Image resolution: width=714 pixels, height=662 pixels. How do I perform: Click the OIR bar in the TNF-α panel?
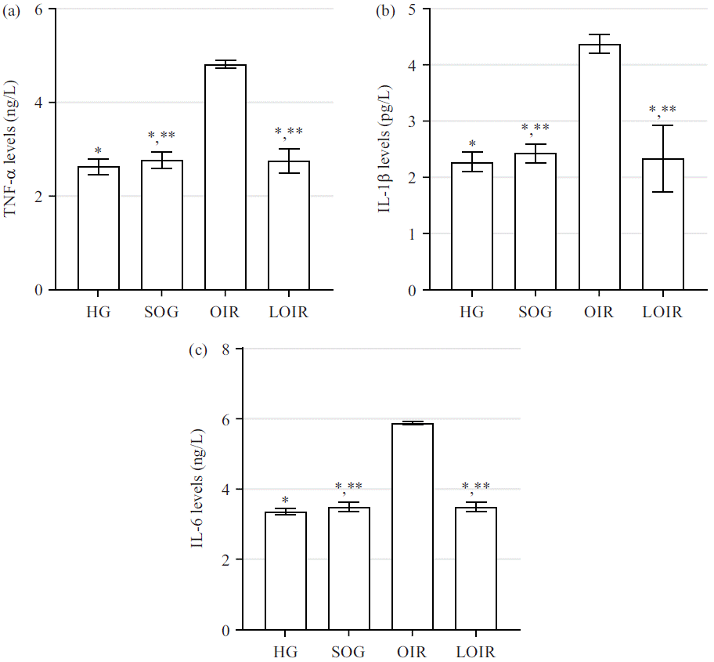(225, 177)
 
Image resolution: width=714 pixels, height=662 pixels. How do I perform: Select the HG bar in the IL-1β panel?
(472, 226)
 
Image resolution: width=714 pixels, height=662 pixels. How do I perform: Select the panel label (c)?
(198, 349)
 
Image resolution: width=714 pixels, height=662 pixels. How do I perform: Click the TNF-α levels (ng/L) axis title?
(11, 149)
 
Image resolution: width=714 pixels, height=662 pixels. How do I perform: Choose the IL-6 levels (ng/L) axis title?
(198, 489)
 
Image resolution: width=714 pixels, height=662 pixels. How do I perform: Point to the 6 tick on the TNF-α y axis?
(38, 9)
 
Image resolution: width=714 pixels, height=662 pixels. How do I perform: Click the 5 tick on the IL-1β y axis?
(412, 9)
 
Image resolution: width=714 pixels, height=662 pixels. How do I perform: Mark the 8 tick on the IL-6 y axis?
(225, 349)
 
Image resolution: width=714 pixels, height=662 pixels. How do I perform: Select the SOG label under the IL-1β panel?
(535, 313)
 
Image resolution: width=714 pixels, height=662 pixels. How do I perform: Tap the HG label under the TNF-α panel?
(99, 313)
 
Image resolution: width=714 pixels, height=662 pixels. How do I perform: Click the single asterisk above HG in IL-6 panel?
(285, 500)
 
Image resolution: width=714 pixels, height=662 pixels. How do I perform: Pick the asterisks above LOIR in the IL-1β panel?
(662, 110)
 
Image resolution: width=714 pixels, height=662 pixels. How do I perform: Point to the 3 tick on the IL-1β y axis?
(412, 121)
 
